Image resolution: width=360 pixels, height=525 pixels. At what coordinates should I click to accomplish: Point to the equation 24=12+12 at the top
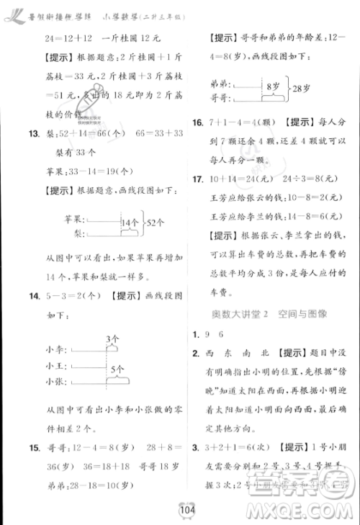[x=53, y=38]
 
